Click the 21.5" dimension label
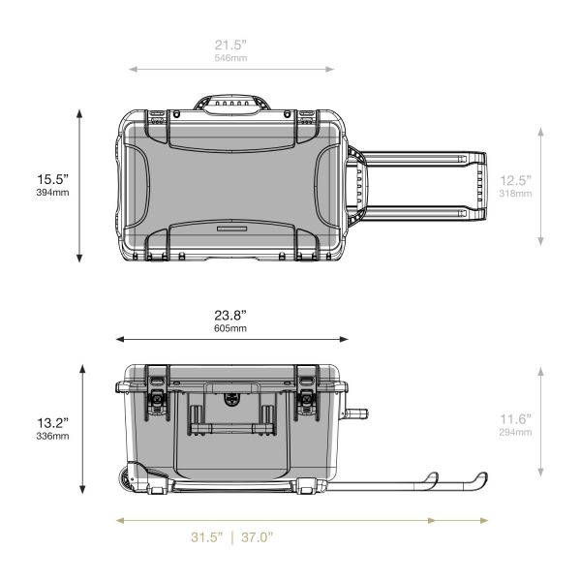pos(230,46)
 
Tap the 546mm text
pos(230,58)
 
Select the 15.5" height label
pos(52,179)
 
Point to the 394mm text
pos(52,193)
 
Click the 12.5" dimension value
pos(515,180)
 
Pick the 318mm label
pos(515,194)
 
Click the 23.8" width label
pos(230,316)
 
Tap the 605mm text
pos(230,328)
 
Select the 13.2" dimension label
pos(52,423)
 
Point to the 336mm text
pos(52,436)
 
